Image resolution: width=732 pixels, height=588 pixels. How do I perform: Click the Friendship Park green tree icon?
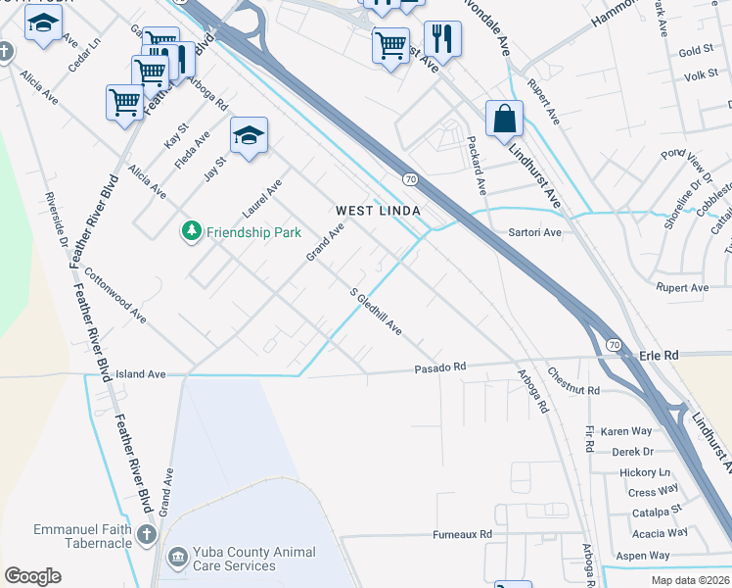click(x=191, y=231)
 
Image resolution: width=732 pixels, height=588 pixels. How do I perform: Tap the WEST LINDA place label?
click(x=378, y=211)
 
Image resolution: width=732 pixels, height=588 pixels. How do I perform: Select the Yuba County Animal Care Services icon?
click(x=178, y=559)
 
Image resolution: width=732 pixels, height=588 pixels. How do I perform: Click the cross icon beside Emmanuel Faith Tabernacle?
click(x=147, y=534)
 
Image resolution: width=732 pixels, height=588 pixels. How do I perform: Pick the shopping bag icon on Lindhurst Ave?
click(x=504, y=119)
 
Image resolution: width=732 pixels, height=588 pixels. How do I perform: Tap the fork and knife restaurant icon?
click(x=442, y=40)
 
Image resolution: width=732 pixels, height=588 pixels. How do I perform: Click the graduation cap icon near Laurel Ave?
click(x=249, y=135)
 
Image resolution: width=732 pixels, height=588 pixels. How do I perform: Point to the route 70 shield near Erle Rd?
click(x=613, y=345)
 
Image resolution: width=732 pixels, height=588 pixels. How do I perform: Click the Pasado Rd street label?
click(x=439, y=367)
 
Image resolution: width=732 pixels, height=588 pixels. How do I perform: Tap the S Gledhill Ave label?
click(x=376, y=312)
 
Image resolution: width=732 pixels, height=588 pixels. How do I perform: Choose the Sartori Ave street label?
click(x=534, y=232)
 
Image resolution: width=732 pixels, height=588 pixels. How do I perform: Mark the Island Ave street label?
click(x=141, y=374)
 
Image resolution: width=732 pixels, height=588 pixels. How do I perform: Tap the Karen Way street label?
click(x=626, y=431)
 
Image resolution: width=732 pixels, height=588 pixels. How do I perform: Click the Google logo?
click(x=32, y=576)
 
